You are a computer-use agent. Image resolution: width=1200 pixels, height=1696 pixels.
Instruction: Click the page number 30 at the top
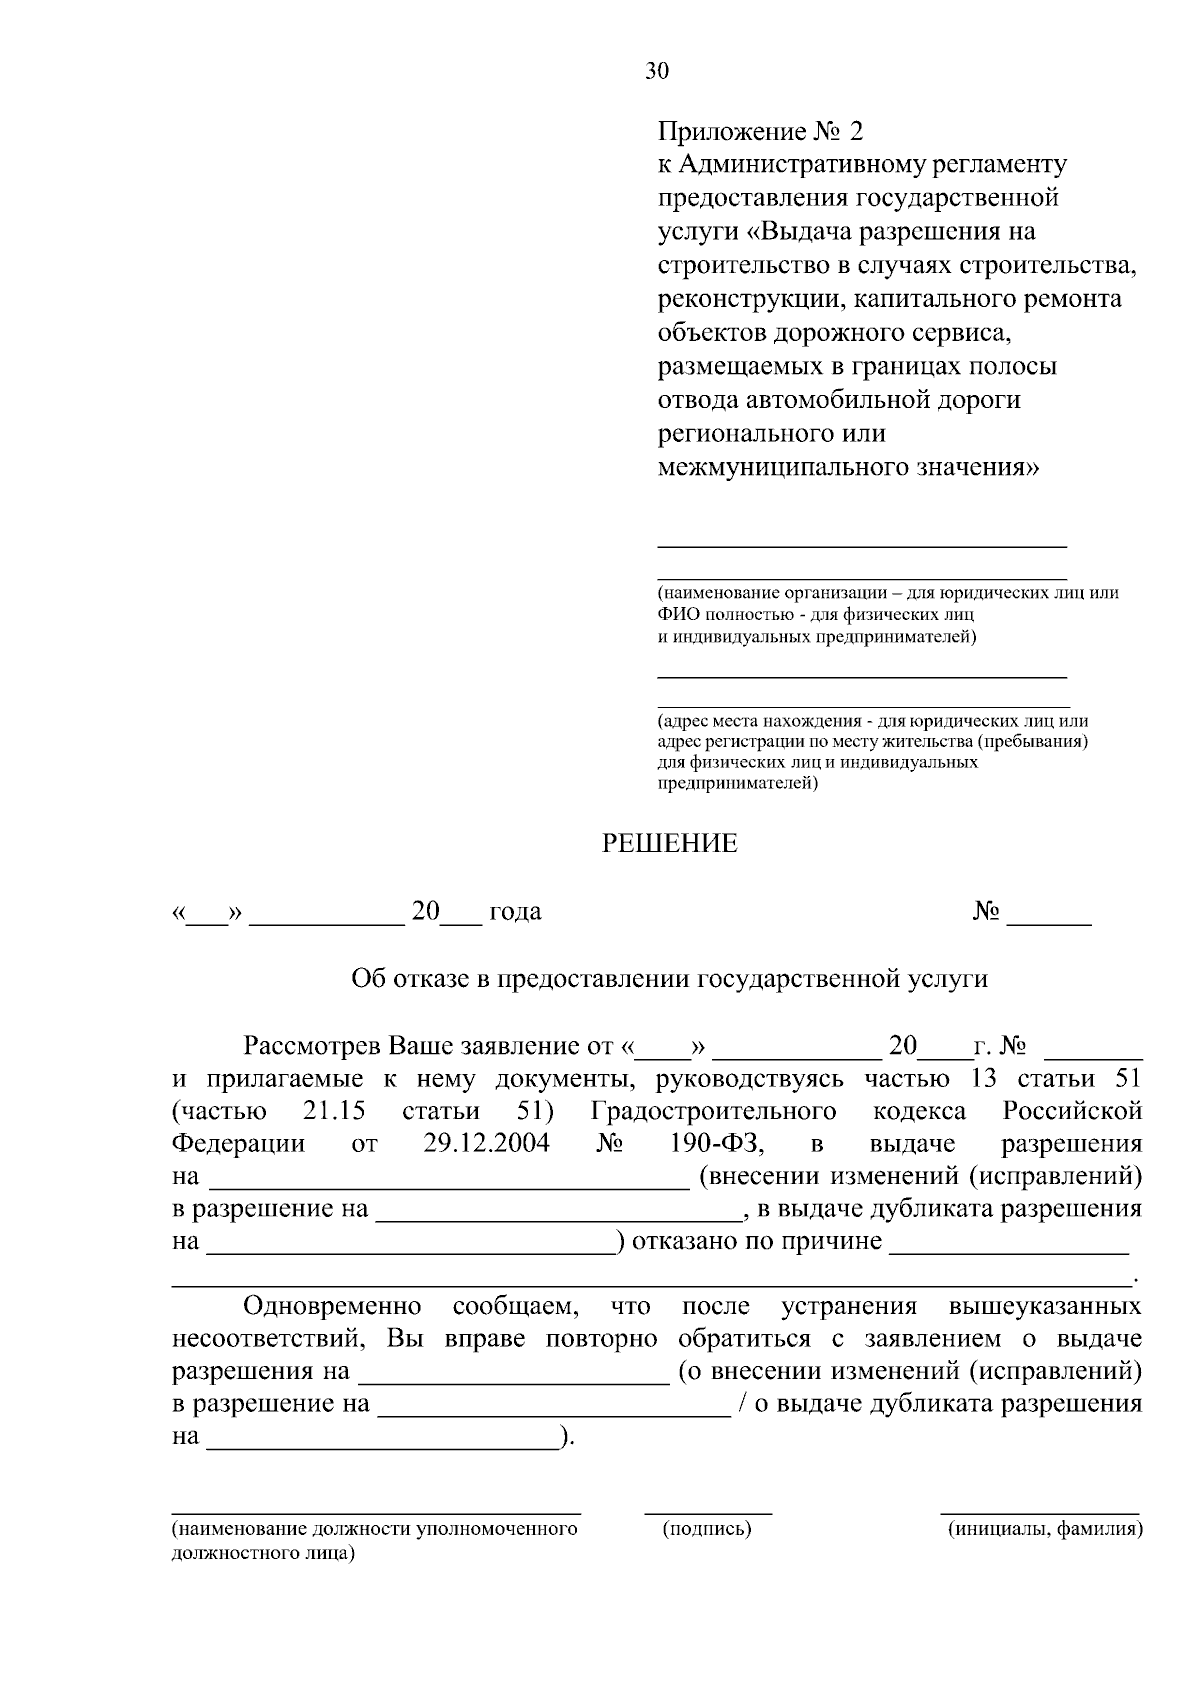pos(657,71)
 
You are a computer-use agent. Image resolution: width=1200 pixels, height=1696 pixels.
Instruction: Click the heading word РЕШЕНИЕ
pos(669,844)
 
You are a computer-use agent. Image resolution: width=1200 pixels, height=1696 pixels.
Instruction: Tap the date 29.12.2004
pos(486,1143)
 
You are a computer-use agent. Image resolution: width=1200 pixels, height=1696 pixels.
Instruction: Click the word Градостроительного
pos(713,1111)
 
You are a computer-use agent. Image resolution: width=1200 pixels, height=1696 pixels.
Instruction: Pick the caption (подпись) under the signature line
pos(707,1529)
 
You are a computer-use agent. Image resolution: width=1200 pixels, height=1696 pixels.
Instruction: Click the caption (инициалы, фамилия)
pos(1044,1529)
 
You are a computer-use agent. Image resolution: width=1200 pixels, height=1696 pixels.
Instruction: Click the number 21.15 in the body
pos(333,1111)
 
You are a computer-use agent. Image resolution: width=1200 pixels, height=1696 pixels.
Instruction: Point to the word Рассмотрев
pos(312,1047)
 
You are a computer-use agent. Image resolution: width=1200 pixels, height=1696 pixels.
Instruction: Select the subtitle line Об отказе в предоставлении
pos(669,978)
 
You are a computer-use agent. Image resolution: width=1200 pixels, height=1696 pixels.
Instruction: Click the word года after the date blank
pos(515,912)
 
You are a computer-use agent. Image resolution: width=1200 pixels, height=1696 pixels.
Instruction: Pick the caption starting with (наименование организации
pos(887,593)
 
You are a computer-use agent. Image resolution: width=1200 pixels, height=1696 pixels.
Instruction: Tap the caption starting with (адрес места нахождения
pos(872,721)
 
